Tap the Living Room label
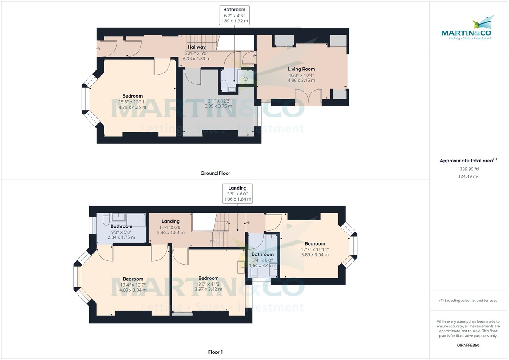302,69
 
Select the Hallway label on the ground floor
197,47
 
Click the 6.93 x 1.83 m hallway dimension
198,59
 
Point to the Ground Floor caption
215,173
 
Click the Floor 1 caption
215,352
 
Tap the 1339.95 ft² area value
468,169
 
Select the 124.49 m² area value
468,176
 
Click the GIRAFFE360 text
468,346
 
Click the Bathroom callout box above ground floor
234,15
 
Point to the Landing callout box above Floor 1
238,193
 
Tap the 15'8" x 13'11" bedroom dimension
132,102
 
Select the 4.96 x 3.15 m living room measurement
302,80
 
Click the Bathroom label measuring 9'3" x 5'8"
122,226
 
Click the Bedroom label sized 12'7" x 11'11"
315,243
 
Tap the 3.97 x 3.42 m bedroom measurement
209,289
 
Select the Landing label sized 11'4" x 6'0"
171,221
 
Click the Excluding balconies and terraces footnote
468,300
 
